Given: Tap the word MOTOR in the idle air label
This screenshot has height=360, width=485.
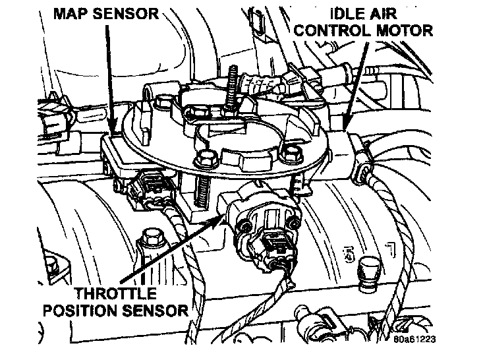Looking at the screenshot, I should click(405, 30).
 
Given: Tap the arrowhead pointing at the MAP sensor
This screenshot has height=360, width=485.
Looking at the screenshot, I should click(113, 134).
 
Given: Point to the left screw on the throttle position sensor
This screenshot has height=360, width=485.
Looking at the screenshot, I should click(244, 226).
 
